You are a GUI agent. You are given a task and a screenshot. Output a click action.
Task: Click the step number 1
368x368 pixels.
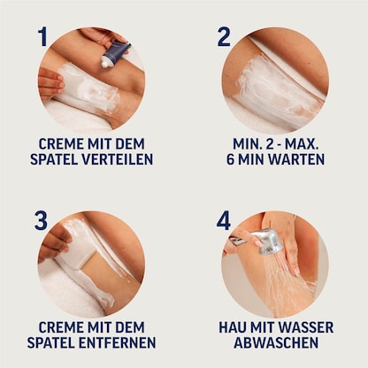coord(42,37)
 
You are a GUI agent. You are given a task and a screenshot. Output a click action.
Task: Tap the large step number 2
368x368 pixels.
coord(224,37)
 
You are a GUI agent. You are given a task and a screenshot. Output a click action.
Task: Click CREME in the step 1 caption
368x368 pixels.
coord(62,143)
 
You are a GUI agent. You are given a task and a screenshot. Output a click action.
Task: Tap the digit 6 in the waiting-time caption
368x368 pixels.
coord(233,160)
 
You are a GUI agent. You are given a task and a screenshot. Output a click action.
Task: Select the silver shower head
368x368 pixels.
coord(268,241)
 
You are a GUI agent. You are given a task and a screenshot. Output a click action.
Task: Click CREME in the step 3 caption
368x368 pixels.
coord(62,327)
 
